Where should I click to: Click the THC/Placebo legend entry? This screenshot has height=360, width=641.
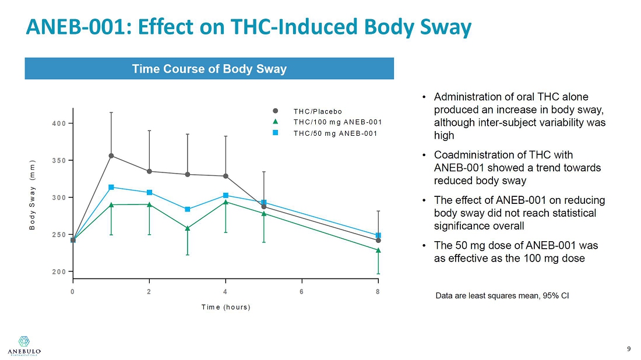pos(317,111)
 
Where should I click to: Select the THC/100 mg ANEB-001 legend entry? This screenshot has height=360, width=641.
pos(337,122)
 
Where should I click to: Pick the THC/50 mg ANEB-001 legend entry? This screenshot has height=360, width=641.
pos(335,133)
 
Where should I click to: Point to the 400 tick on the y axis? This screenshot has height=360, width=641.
pos(61,123)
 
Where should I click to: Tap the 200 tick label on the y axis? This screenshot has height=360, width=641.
pos(61,271)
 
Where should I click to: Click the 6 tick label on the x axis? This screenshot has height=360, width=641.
pos(302,292)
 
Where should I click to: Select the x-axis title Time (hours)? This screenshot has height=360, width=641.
pos(226,307)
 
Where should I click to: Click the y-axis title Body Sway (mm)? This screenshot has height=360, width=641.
pos(33,194)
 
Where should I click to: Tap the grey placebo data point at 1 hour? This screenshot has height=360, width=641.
pos(111,156)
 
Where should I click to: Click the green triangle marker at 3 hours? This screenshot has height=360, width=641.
pos(188,228)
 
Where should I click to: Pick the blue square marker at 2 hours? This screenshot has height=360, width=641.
pos(150,192)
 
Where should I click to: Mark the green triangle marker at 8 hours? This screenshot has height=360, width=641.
pos(378,250)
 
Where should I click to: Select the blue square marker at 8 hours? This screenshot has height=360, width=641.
pos(378,235)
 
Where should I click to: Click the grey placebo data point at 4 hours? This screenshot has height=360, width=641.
pos(226,176)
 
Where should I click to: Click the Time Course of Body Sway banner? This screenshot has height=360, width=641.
pos(209,69)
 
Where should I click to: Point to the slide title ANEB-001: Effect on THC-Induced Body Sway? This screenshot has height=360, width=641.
pos(248,27)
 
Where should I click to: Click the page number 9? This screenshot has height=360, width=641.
pos(629,349)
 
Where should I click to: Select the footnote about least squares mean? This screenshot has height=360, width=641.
pos(502,296)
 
